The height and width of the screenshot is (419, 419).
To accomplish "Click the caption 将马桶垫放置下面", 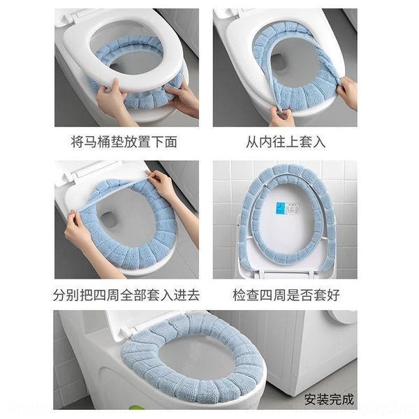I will tap(126, 142).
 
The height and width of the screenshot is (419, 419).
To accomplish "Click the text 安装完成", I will tap(329, 399).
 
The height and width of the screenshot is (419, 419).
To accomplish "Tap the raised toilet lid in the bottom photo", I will tap(140, 323).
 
